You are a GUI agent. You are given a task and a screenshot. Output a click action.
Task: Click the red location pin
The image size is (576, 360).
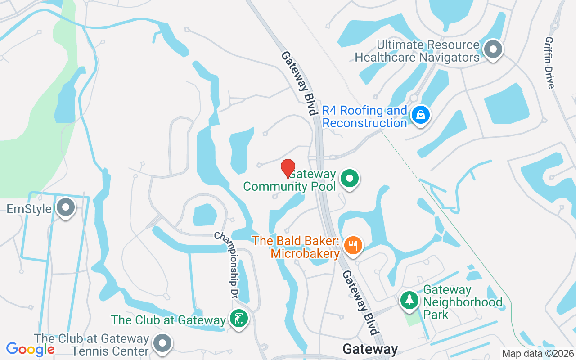coord(288,168)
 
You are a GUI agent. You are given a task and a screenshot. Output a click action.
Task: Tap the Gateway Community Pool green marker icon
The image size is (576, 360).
coord(349,178)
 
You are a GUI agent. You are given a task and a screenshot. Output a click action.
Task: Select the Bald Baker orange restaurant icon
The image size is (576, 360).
coord(353,245)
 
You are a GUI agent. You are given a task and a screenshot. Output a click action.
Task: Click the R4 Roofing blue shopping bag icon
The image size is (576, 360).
coord(420,115)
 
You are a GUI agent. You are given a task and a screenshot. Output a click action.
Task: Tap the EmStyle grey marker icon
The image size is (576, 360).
coord(67,208)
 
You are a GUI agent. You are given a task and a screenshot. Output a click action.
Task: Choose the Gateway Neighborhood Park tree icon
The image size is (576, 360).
coord(409,299)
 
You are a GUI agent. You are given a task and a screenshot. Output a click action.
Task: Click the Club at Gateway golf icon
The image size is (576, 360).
coord(238,319)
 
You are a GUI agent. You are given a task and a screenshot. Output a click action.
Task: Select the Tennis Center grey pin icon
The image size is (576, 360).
coord(162,343)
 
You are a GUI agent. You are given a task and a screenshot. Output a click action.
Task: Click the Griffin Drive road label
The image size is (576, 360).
coord(550,63)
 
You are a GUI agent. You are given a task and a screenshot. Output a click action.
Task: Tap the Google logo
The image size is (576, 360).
coord(30,349)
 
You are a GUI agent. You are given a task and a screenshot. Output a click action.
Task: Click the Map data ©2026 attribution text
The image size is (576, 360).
coord(538,354)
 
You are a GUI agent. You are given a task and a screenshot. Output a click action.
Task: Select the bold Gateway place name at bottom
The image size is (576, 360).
coord(370,349)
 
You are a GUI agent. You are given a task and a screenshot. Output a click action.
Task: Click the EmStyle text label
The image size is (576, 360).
coord(29,209)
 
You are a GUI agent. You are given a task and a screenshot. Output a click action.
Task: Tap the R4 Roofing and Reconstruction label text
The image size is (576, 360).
coord(365,117)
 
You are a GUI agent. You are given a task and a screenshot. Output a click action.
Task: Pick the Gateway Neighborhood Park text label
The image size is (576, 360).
coord(462,302)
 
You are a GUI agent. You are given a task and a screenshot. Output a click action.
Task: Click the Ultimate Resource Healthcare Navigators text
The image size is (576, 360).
coord(417,51)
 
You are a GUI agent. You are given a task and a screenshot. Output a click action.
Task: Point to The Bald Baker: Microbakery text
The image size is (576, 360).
coord(296,247)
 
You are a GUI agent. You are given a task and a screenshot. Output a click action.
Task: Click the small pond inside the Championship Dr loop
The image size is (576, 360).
coord(205,215)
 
